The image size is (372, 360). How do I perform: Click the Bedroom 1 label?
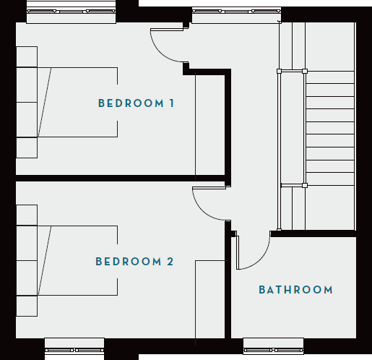point(136,103)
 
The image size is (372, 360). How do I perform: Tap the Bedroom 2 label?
point(135,261)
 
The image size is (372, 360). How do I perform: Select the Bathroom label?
point(295,290)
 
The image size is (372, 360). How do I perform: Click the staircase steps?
point(329,130)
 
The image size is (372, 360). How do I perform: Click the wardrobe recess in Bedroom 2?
point(212,300)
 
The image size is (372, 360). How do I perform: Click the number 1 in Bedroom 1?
point(171,103)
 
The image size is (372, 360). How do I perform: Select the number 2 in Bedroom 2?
point(170,261)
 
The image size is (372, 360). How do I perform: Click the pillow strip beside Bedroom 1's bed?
point(27,102)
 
